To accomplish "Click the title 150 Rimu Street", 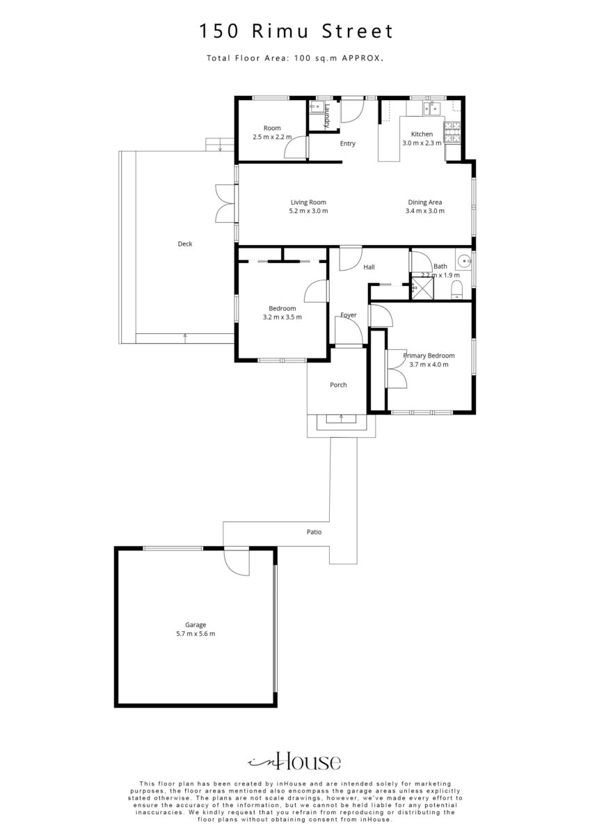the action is (x=296, y=31).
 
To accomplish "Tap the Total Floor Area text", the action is (x=296, y=58).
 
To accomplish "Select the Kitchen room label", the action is (x=422, y=134).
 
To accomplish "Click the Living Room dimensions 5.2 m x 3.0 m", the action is (x=308, y=211).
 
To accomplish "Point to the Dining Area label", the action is (x=425, y=202).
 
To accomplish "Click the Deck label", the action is (x=185, y=244).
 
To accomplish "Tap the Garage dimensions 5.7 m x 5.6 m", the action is (x=196, y=633).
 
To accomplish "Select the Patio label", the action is (x=314, y=532).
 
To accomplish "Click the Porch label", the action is (x=338, y=385).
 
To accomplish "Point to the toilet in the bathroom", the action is (x=456, y=289).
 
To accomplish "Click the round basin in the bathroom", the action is (x=464, y=260).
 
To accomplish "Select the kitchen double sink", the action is (x=431, y=109).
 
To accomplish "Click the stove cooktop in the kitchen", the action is (x=452, y=132).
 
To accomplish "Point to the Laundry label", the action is (x=327, y=116).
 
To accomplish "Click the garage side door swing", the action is (x=237, y=562).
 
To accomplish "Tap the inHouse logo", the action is (x=294, y=763).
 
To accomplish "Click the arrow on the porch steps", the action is (x=341, y=417).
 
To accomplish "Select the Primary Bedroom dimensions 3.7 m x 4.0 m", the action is (x=429, y=364).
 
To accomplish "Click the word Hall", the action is (x=369, y=267).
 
